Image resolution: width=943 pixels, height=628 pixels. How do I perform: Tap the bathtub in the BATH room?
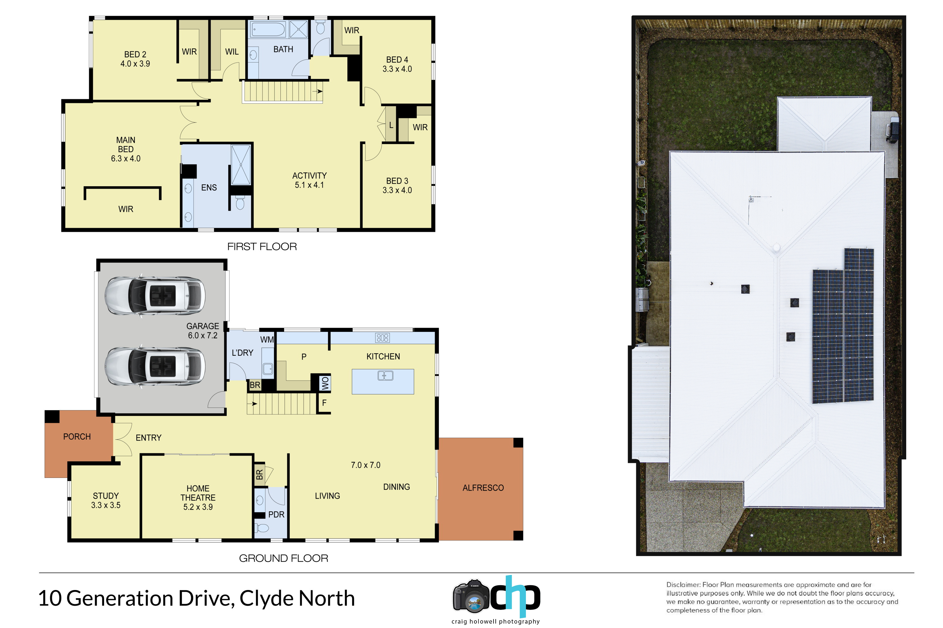(x=268, y=29)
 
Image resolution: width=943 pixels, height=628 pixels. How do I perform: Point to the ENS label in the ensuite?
(x=209, y=187)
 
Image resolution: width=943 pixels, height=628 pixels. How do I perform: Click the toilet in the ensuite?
(x=240, y=203)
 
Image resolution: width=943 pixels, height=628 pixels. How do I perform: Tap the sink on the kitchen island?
(x=385, y=376)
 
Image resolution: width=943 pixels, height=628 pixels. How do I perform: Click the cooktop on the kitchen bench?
(x=383, y=338)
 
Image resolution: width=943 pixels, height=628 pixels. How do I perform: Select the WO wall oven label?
(x=325, y=383)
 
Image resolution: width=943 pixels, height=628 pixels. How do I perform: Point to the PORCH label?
(x=77, y=436)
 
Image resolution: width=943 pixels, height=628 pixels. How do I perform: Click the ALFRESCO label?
(x=483, y=488)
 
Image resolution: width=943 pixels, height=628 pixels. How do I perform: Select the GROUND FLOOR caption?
(x=284, y=558)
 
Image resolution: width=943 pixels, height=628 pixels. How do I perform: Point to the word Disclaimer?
(x=683, y=585)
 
